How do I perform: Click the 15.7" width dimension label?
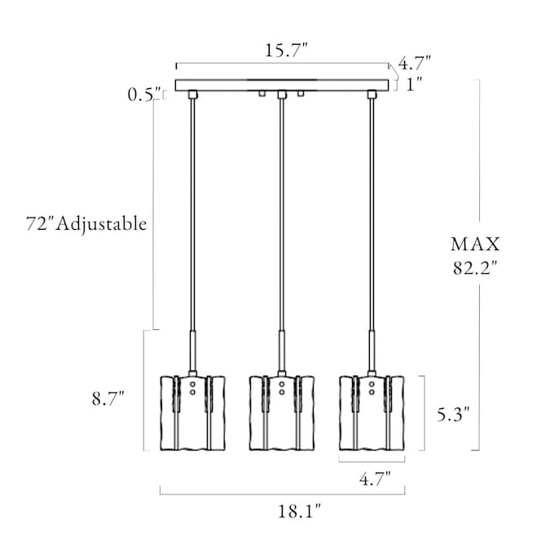[286, 51]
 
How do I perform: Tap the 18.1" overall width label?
[300, 512]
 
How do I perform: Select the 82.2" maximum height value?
[475, 268]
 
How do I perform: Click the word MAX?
[475, 244]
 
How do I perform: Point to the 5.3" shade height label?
[453, 414]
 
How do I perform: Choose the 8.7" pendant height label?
[108, 398]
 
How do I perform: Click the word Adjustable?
[101, 224]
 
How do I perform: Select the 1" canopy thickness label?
[414, 85]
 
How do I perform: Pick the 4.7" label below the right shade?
[375, 478]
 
